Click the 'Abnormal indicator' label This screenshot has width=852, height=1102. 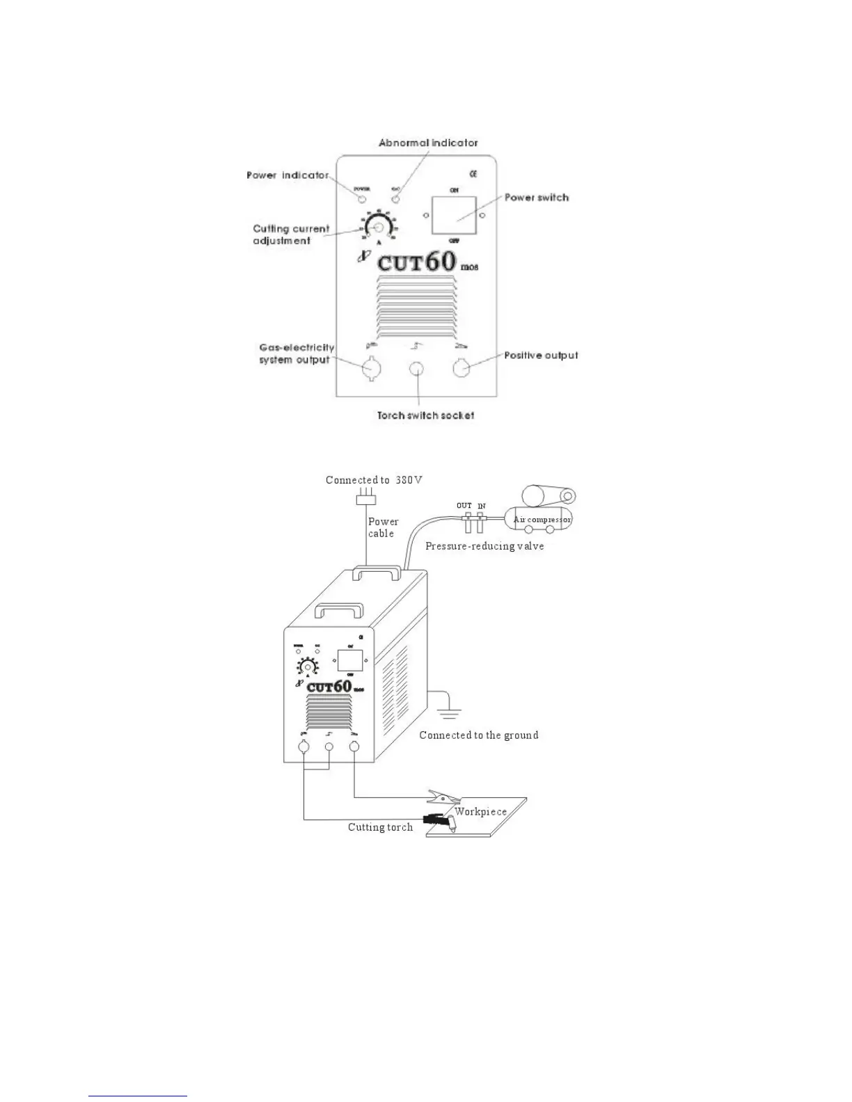click(x=428, y=143)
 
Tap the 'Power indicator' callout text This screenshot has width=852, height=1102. click(x=287, y=175)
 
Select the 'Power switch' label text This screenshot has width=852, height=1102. click(x=536, y=198)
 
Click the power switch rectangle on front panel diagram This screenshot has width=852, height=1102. click(x=454, y=215)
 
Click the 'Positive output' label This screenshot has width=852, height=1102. click(x=541, y=356)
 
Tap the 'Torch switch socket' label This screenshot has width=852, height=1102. click(x=425, y=415)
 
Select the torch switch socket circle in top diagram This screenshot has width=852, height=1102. click(x=416, y=369)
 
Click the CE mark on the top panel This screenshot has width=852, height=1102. click(x=473, y=173)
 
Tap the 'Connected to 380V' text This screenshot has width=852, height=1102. click(x=374, y=480)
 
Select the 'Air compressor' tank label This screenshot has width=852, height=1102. click(x=542, y=520)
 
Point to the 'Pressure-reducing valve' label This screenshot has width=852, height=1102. click(x=484, y=546)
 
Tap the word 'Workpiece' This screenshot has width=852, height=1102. click(x=480, y=812)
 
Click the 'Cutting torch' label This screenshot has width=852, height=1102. click(x=380, y=827)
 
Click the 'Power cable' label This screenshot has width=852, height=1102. click(x=383, y=527)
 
